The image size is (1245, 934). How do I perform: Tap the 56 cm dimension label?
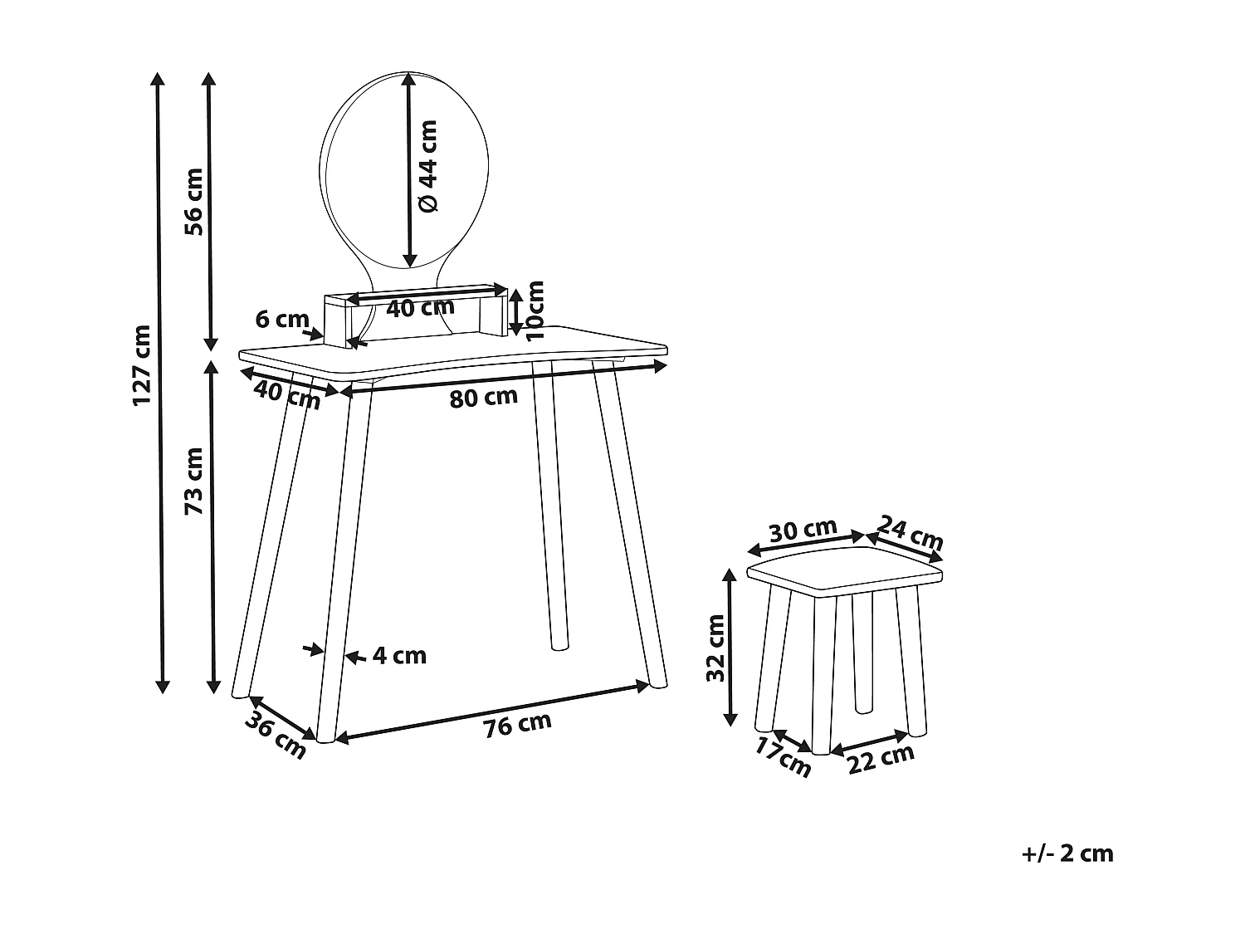point(193,202)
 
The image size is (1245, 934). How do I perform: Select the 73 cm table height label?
point(193,481)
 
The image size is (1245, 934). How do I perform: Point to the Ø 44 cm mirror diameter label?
point(427,166)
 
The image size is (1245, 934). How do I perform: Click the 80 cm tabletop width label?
point(483,397)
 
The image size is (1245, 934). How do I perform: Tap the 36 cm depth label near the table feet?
point(275,734)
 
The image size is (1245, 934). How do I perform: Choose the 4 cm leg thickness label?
point(399,656)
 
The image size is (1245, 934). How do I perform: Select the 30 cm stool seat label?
point(803,530)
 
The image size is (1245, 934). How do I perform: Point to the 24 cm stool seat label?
point(911,533)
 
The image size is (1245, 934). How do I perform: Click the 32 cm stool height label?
point(715,648)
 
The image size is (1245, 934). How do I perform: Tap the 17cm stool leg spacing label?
point(783,756)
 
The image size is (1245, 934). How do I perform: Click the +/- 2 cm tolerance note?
point(1067,853)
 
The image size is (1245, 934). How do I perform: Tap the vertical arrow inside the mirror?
point(408,170)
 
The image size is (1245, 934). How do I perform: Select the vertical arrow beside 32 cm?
point(730,647)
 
